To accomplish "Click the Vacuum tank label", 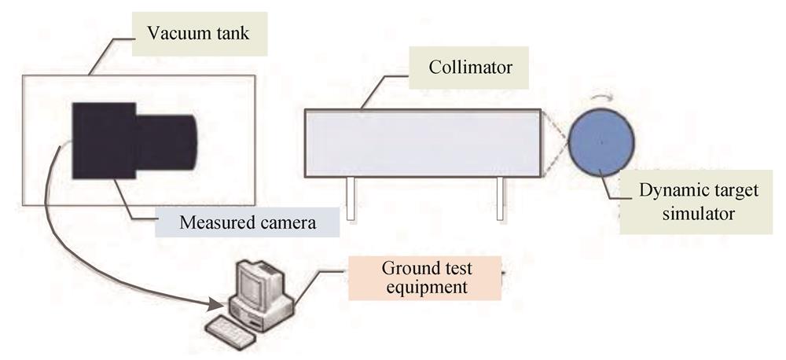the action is click(200, 34).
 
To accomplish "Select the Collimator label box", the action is click(468, 68).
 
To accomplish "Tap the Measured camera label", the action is click(248, 222).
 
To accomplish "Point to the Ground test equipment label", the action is click(425, 278).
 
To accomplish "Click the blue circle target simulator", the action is click(601, 142).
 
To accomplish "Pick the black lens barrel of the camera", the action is click(166, 142).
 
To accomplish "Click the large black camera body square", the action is click(104, 141).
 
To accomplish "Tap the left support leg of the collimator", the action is click(351, 199).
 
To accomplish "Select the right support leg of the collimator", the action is click(500, 199).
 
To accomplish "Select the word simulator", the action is click(698, 214).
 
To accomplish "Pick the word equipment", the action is click(425, 288).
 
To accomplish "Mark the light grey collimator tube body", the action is click(423, 143).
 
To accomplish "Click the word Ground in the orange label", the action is click(407, 268).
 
